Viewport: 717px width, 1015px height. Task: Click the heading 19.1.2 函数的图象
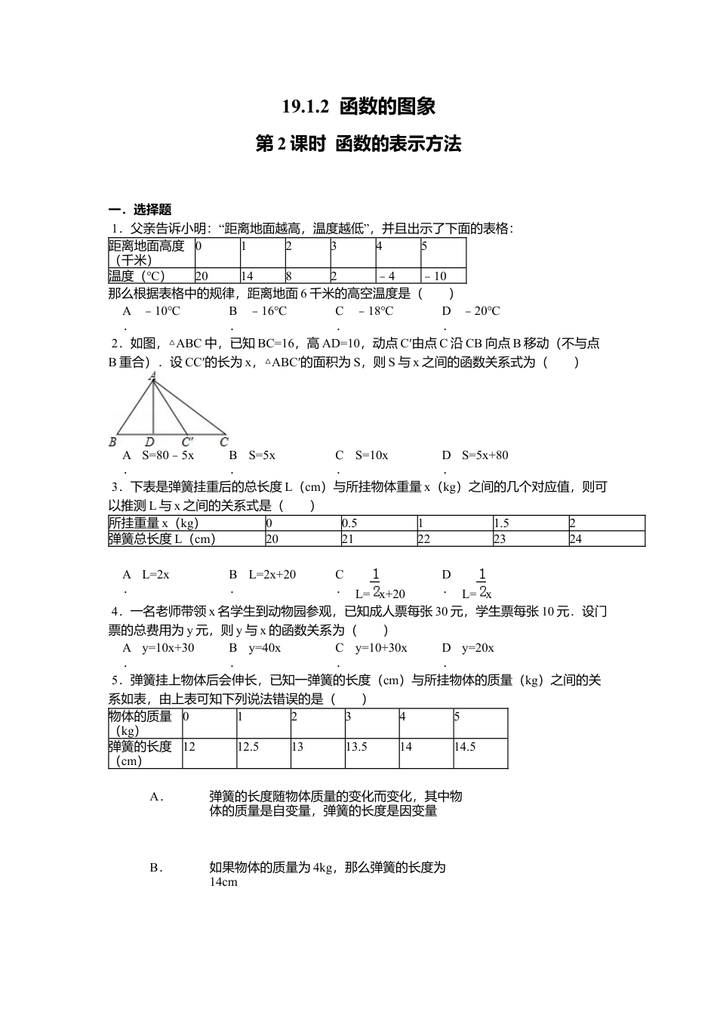[x=358, y=106]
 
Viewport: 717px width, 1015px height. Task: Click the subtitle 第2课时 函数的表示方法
[x=358, y=143]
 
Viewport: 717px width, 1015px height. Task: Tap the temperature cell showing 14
[x=248, y=276]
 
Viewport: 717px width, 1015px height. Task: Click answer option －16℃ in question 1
[x=268, y=311]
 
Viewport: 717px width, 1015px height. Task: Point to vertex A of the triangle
[x=152, y=375]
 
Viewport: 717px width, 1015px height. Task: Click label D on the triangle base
[x=149, y=442]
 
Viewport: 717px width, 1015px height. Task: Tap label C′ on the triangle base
[x=187, y=442]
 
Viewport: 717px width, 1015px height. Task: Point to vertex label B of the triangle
[x=112, y=442]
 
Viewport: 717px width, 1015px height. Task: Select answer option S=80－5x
[x=168, y=455]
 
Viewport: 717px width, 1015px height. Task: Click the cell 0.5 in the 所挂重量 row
[x=349, y=523]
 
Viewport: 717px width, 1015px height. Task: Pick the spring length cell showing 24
[x=576, y=539]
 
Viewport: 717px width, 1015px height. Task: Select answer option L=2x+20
[x=272, y=575]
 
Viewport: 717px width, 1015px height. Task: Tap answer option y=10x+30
[x=168, y=648]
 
